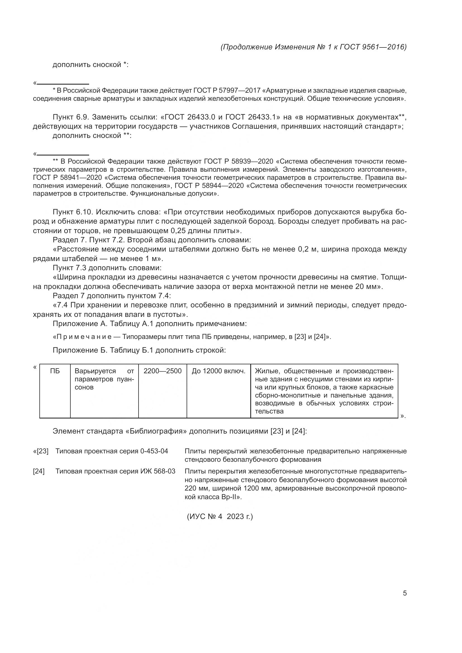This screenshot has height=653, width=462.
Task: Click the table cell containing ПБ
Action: (55, 371)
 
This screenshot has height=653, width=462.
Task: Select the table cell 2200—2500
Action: (163, 371)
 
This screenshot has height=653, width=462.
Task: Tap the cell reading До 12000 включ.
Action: (218, 371)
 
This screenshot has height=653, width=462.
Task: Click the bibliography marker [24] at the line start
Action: (39, 471)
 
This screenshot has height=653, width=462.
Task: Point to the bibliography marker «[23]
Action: (41, 451)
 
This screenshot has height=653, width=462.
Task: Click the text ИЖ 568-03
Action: (158, 471)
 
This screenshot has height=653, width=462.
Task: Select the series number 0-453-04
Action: (154, 451)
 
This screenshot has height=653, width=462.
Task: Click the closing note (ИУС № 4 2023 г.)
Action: (220, 516)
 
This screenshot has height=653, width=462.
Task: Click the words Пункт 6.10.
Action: (73, 212)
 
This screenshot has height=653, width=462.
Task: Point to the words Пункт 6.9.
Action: (71, 117)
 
